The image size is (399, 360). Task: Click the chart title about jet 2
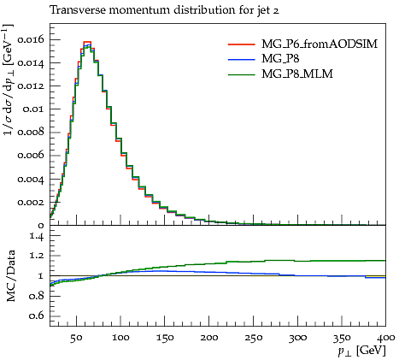click(164, 10)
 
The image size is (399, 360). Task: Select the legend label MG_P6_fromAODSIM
click(320, 44)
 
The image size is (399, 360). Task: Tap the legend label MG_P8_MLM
click(297, 74)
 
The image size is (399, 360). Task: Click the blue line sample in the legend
click(241, 59)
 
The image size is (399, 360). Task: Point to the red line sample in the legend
click(241, 44)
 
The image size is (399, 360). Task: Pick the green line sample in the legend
click(241, 74)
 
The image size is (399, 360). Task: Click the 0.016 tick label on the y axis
click(31, 39)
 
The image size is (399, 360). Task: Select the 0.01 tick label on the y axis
click(34, 109)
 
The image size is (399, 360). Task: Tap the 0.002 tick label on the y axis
click(31, 203)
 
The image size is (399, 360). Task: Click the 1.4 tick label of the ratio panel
click(37, 235)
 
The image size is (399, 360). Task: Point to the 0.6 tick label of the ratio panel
click(37, 316)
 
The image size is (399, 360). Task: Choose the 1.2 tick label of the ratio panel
click(37, 256)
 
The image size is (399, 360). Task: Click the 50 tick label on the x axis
click(76, 338)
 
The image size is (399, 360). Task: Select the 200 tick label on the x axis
click(209, 338)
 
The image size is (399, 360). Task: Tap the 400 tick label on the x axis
click(385, 338)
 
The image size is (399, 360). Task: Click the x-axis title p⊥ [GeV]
click(361, 351)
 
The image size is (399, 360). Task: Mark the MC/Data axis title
click(10, 275)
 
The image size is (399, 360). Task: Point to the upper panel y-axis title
click(8, 80)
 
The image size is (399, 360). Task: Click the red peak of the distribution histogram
click(87, 42)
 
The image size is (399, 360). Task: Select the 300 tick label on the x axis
click(297, 338)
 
